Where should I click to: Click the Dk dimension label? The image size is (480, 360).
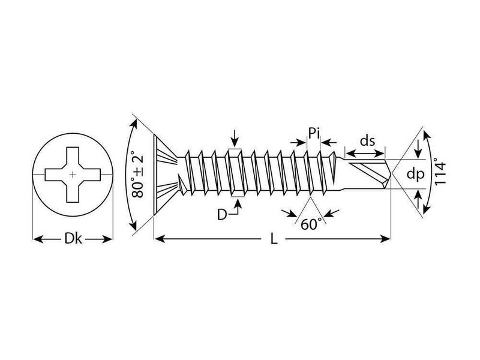coord(73,238)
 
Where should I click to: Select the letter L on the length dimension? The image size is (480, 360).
coord(274,238)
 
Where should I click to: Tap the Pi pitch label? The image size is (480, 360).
coord(314,133)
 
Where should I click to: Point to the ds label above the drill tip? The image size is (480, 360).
coord(367,141)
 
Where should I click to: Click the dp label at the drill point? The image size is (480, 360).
coord(415,175)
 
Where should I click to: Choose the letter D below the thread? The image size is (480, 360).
coord(222,215)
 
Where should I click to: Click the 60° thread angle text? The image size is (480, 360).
coord(311,224)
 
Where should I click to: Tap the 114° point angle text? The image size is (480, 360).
coord(440,173)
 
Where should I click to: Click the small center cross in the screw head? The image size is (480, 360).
coord(73,175)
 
